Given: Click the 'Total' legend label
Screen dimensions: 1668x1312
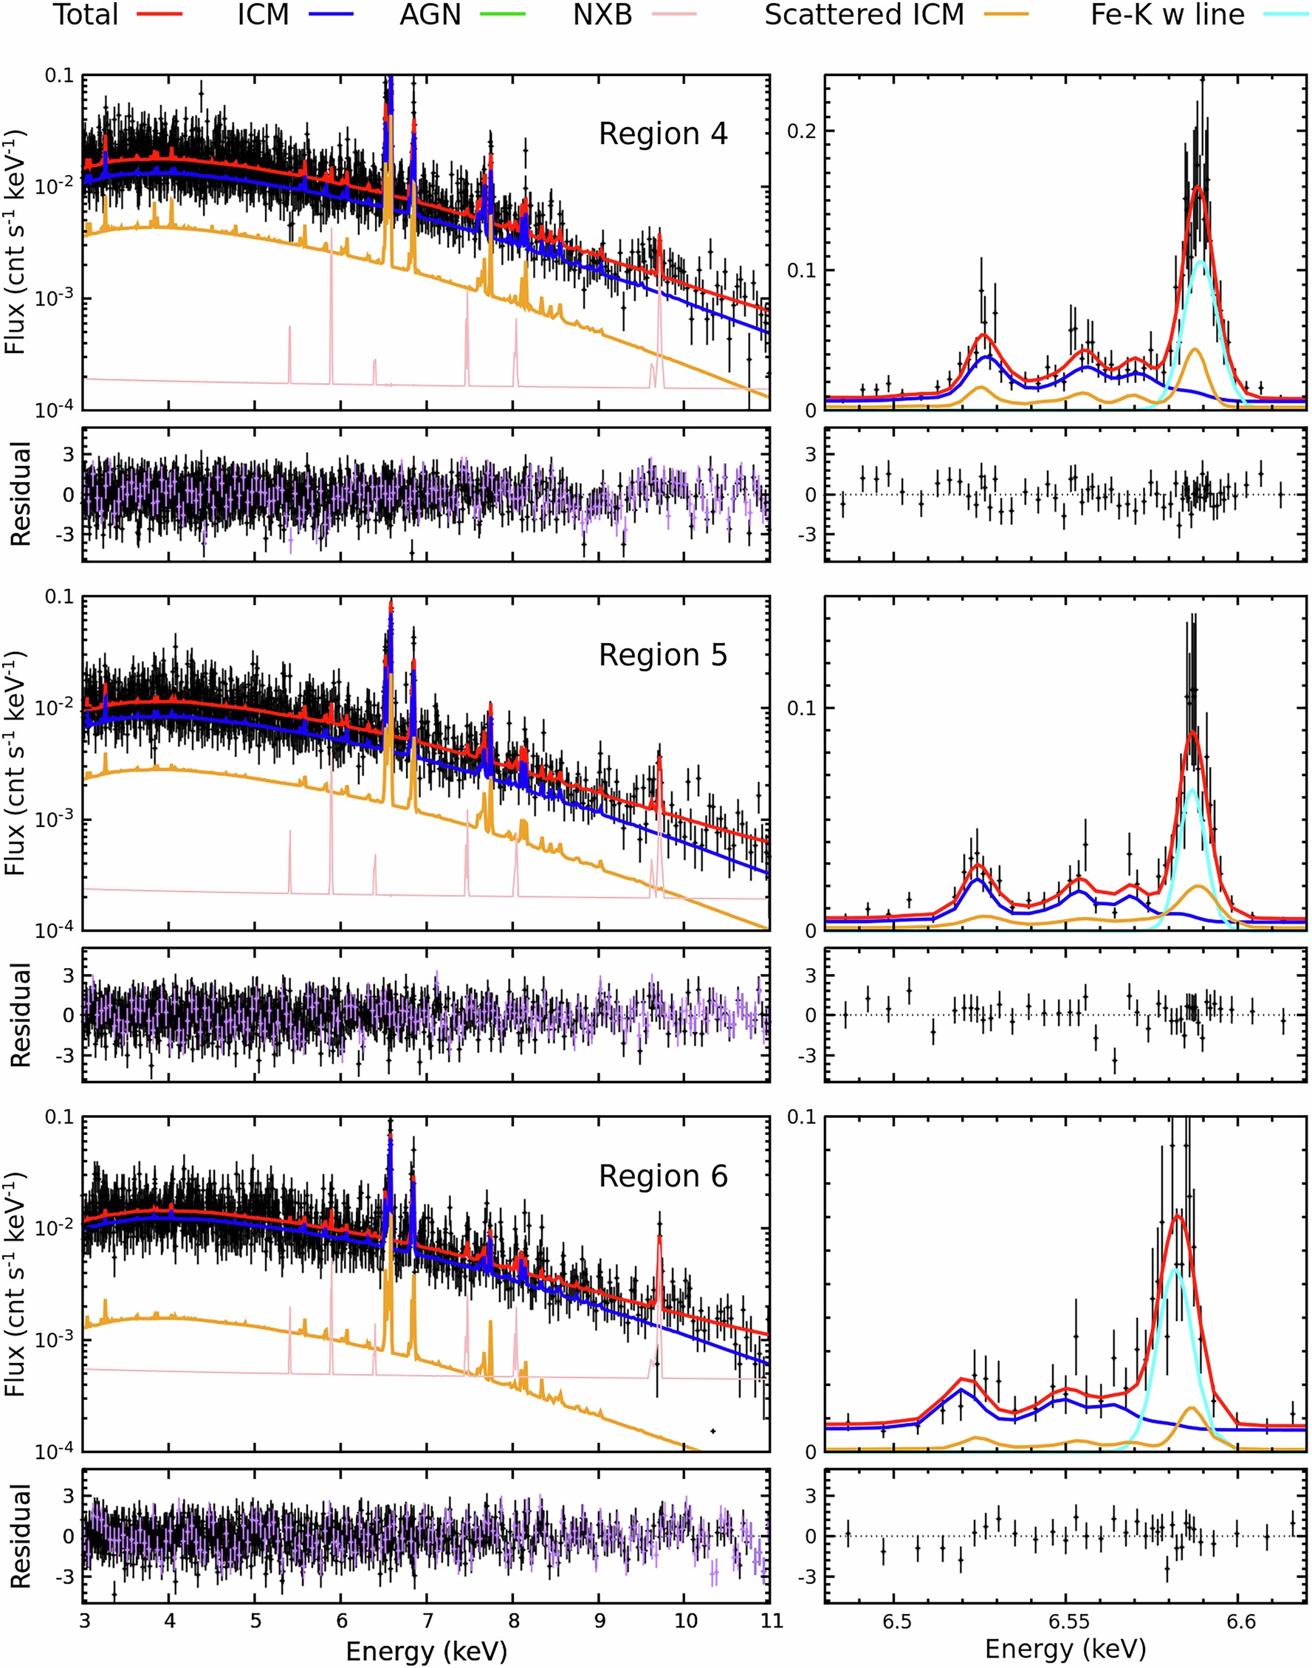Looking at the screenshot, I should (85, 15).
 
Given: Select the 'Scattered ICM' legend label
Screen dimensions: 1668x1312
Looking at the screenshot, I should (863, 15).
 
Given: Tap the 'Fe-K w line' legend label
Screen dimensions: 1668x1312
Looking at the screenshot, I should (1167, 15).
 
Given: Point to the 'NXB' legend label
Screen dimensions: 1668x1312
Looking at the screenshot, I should (602, 15).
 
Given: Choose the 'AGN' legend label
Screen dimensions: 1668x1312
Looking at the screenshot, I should (430, 15).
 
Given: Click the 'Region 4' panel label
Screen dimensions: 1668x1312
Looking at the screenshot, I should (662, 134).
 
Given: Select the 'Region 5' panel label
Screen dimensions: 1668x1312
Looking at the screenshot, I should (662, 656).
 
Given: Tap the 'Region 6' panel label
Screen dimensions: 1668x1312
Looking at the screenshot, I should (662, 1176).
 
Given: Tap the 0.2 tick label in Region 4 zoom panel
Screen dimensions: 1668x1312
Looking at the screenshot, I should (801, 131).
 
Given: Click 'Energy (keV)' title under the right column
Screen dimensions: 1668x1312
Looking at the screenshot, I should (1065, 1649).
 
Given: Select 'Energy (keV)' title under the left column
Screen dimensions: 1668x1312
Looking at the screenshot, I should (426, 1649).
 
